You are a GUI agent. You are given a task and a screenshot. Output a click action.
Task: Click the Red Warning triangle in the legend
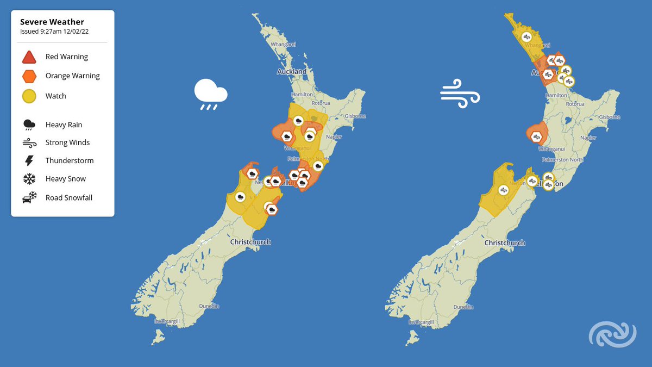(x=29, y=57)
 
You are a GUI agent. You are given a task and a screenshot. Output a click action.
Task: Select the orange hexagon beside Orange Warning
(x=29, y=76)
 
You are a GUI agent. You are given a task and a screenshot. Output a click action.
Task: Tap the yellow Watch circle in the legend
(x=29, y=96)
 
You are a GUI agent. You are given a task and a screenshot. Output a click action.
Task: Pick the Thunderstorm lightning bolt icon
(x=29, y=160)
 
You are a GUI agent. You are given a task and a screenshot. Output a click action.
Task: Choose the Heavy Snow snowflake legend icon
(x=29, y=179)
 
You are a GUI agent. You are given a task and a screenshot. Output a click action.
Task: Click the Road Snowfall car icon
(x=29, y=197)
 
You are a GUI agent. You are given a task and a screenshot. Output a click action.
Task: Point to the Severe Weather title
(x=52, y=22)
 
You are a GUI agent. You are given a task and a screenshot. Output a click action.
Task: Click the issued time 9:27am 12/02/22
(x=54, y=32)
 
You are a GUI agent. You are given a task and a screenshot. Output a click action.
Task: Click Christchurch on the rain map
(x=250, y=242)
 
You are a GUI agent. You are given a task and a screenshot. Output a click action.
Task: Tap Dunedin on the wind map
(x=463, y=307)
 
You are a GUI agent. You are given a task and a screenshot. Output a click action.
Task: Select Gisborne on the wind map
(x=609, y=116)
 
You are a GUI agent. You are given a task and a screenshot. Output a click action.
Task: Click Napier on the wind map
(x=588, y=138)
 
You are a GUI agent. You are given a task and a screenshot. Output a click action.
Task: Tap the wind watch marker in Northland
(x=526, y=37)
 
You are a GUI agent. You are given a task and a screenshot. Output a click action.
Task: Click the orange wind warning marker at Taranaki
(x=536, y=136)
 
